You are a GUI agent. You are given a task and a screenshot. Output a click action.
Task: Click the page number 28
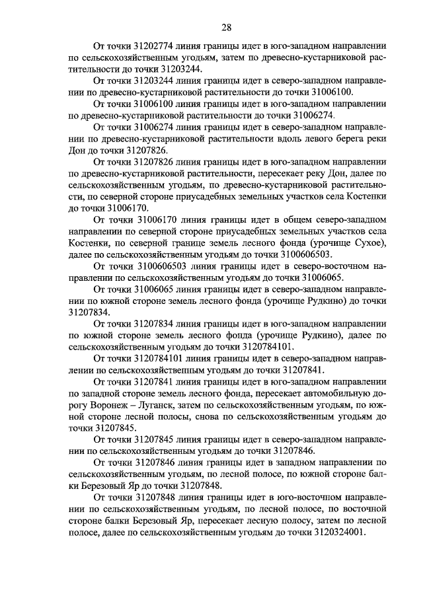coord(225,27)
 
